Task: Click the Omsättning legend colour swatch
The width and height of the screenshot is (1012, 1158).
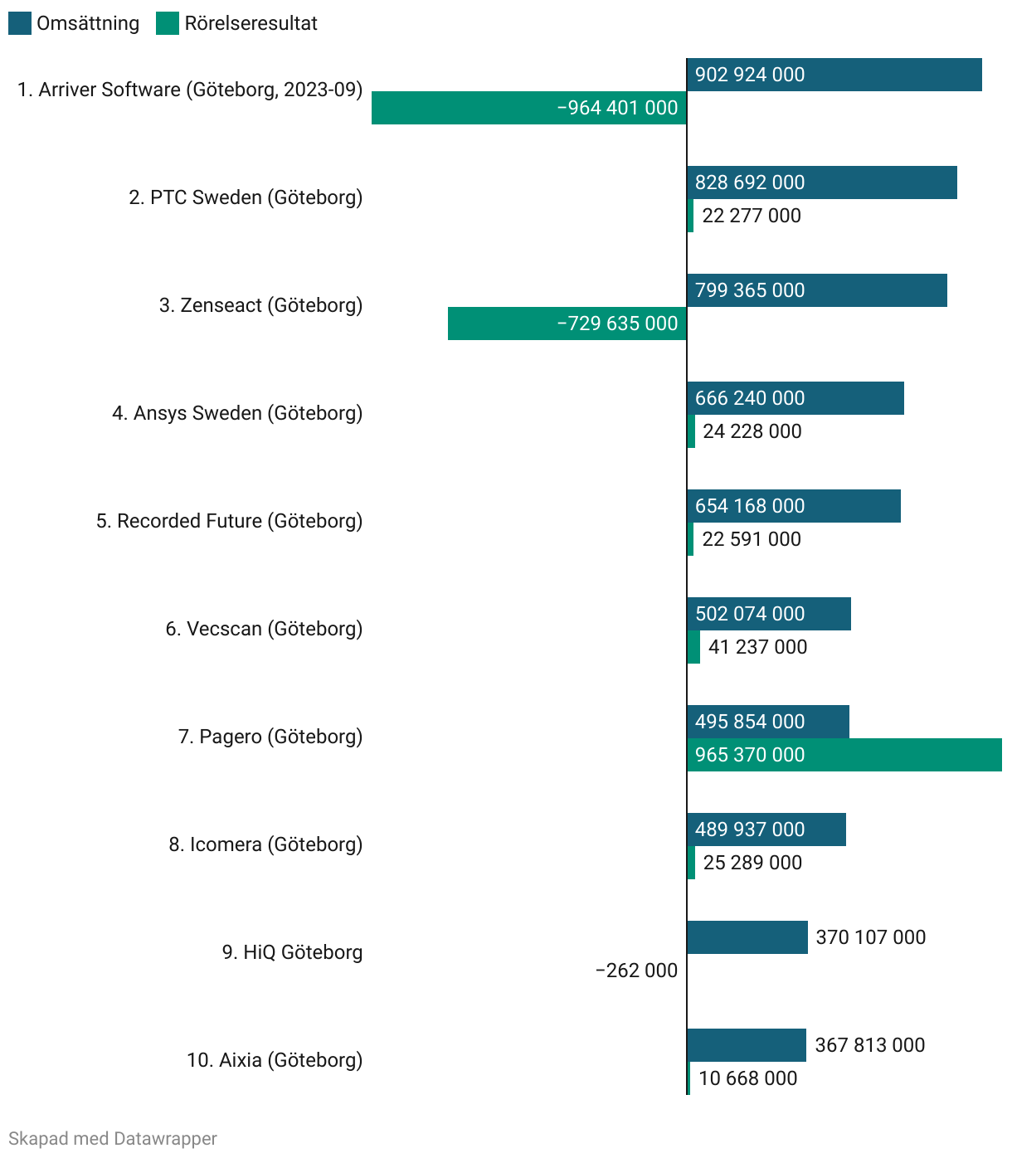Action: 20,23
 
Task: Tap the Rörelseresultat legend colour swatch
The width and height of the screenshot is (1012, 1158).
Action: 168,23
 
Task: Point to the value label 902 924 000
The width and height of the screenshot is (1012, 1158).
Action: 750,75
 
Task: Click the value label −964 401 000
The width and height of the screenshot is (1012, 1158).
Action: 617,108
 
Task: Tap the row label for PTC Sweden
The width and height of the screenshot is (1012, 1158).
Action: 246,197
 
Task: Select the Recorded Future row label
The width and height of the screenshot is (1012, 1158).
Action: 229,521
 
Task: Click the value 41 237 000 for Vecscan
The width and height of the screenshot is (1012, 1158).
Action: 757,647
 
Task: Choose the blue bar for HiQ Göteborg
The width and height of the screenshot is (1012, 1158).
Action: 747,937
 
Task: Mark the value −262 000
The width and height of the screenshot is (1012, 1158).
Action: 636,971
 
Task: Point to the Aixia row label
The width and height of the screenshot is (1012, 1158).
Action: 275,1060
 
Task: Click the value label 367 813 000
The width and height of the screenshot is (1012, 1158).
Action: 869,1045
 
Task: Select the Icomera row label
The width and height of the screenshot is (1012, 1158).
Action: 265,844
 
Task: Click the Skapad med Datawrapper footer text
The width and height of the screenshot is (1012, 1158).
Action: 113,1139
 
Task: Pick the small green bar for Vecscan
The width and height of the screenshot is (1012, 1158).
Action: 693,647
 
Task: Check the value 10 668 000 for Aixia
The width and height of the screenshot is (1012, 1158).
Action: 747,1078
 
